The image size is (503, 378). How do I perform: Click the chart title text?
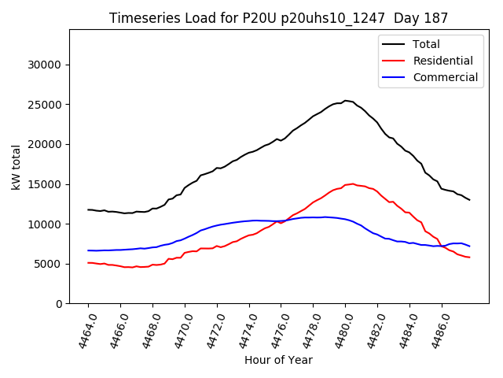click(x=278, y=18)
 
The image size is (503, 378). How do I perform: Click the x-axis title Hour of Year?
click(x=278, y=360)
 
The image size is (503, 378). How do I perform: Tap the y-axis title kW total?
click(x=16, y=167)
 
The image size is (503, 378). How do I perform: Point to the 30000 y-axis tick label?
click(x=46, y=65)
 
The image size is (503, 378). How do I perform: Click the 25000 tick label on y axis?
click(x=46, y=105)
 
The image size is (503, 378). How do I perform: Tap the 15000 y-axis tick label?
click(x=46, y=184)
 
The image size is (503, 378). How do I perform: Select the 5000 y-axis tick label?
click(x=49, y=264)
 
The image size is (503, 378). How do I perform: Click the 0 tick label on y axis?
click(x=59, y=304)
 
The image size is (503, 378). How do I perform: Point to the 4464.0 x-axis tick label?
click(x=82, y=329)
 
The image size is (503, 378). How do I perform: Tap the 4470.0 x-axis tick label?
click(x=178, y=329)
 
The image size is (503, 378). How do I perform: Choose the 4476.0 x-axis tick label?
click(x=275, y=329)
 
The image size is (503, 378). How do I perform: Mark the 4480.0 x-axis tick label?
click(x=340, y=329)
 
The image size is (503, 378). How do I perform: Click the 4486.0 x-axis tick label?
click(x=435, y=329)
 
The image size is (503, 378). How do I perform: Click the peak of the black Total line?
click(x=345, y=101)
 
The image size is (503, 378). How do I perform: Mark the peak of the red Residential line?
click(x=352, y=183)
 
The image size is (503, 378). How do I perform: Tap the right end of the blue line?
click(x=469, y=246)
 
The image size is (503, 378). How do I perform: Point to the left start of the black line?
click(x=88, y=209)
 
